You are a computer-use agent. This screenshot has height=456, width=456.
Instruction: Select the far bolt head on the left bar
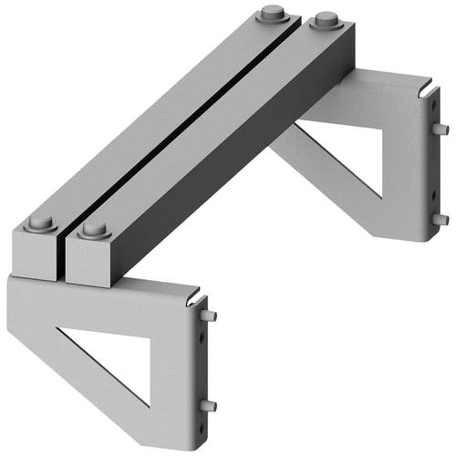[x=271, y=15]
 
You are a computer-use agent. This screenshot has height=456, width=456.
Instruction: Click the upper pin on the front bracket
[x=212, y=316]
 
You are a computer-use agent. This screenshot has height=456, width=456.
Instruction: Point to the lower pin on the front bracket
[x=211, y=405]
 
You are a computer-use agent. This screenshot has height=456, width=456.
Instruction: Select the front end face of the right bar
[x=91, y=262]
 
